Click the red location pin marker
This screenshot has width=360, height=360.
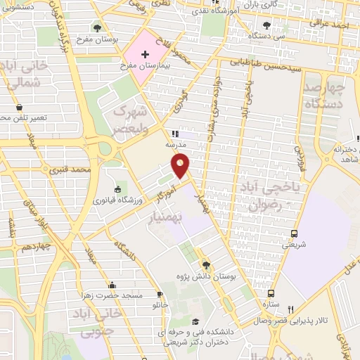(181, 165)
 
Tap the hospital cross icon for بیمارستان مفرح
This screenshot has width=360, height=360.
(145, 54)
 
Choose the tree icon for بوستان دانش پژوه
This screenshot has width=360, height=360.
(206, 264)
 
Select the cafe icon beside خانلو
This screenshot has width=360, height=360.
(160, 294)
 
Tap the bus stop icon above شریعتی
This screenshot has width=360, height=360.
(293, 233)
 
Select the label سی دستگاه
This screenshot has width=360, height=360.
(271, 34)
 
